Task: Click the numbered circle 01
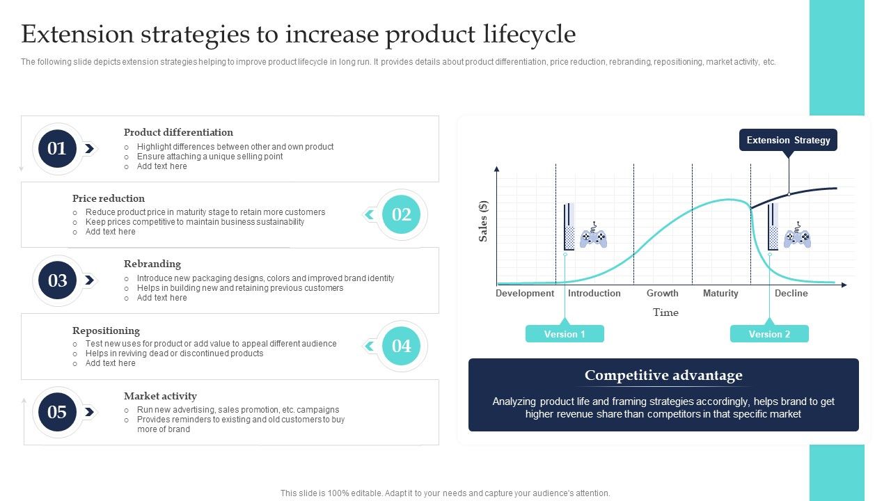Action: pyautogui.click(x=57, y=148)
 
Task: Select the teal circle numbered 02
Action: pyautogui.click(x=402, y=214)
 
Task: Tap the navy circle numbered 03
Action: pyautogui.click(x=57, y=280)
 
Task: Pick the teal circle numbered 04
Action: pyautogui.click(x=402, y=346)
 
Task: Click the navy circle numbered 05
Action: pyautogui.click(x=57, y=412)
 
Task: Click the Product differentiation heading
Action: pyautogui.click(x=178, y=132)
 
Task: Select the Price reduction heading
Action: pyautogui.click(x=109, y=198)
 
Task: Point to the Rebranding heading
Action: pyautogui.click(x=152, y=264)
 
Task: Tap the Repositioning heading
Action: pyautogui.click(x=106, y=331)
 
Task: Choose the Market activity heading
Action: pyautogui.click(x=160, y=396)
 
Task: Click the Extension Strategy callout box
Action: pyautogui.click(x=788, y=140)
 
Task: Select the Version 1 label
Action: pyautogui.click(x=565, y=334)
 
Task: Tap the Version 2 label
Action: pyautogui.click(x=769, y=334)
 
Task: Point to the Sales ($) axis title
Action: pyautogui.click(x=483, y=221)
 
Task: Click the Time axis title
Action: pyautogui.click(x=665, y=312)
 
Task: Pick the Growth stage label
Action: pyautogui.click(x=662, y=293)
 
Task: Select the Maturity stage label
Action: pyautogui.click(x=720, y=293)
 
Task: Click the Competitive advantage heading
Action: pyautogui.click(x=663, y=376)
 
